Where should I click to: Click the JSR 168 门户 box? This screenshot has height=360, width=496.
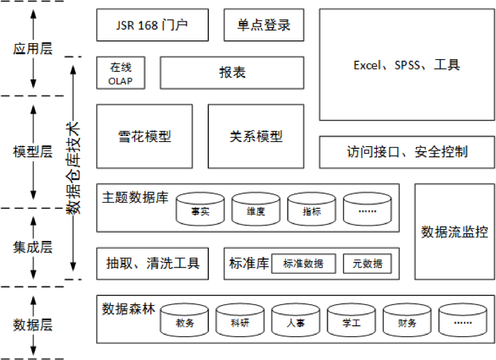[x=153, y=25]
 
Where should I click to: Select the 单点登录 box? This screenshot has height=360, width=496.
[x=264, y=25]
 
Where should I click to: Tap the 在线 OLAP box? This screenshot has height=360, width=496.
[x=121, y=73]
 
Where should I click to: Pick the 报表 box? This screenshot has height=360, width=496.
[x=232, y=73]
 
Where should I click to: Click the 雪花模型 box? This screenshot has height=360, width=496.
[x=145, y=136]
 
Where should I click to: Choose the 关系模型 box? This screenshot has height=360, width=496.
[x=256, y=136]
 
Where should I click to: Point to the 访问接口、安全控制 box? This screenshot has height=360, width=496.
[x=407, y=152]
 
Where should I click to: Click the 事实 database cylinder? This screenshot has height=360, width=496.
[x=200, y=209]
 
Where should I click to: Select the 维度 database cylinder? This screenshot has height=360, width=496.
[x=256, y=209]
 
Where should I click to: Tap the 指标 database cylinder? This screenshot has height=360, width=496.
[x=311, y=209]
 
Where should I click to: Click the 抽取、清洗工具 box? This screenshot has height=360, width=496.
[x=153, y=264]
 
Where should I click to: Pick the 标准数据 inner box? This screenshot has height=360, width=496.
[x=303, y=264]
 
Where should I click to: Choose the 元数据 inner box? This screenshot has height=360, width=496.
[x=367, y=264]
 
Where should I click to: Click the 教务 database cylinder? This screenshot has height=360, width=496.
[x=185, y=320]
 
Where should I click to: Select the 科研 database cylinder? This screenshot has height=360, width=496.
[x=240, y=320]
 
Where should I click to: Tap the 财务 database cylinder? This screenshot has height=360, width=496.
[x=407, y=320]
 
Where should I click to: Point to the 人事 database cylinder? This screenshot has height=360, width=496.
[x=296, y=320]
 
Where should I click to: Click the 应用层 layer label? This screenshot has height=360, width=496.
[x=33, y=49]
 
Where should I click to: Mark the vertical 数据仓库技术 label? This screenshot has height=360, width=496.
[x=73, y=168]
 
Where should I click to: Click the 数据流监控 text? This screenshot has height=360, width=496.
[x=455, y=232]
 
